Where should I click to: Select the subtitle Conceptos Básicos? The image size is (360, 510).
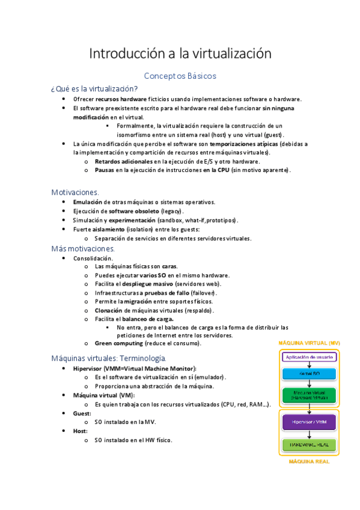180,76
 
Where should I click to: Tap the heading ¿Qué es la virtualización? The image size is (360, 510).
94,88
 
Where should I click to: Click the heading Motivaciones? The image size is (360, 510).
75,192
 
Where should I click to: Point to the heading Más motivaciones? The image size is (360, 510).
83,248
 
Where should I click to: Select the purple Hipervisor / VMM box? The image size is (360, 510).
309,422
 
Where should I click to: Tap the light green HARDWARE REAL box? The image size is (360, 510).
309,446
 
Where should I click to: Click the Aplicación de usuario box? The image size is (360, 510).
309,357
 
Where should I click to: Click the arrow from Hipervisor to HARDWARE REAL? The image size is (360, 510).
309,435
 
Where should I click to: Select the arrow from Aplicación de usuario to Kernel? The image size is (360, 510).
309,364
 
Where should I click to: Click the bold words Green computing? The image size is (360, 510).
119,343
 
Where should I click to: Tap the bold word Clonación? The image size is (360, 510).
109,310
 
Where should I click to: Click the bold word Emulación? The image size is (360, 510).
87,202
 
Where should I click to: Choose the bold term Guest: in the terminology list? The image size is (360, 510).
82,414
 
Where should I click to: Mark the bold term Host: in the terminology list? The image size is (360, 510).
80,431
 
